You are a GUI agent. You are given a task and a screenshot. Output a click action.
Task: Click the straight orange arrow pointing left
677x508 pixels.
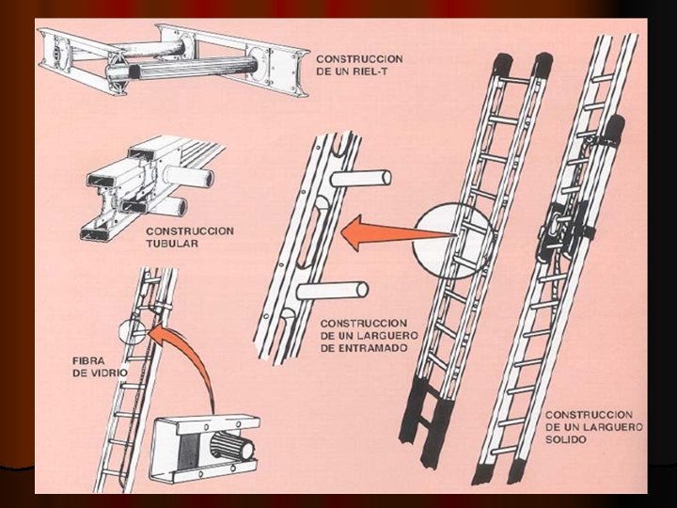point(376,231)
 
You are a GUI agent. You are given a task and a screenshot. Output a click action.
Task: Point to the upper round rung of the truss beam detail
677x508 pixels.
point(362,179)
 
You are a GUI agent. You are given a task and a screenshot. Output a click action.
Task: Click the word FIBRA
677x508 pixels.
point(90,360)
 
